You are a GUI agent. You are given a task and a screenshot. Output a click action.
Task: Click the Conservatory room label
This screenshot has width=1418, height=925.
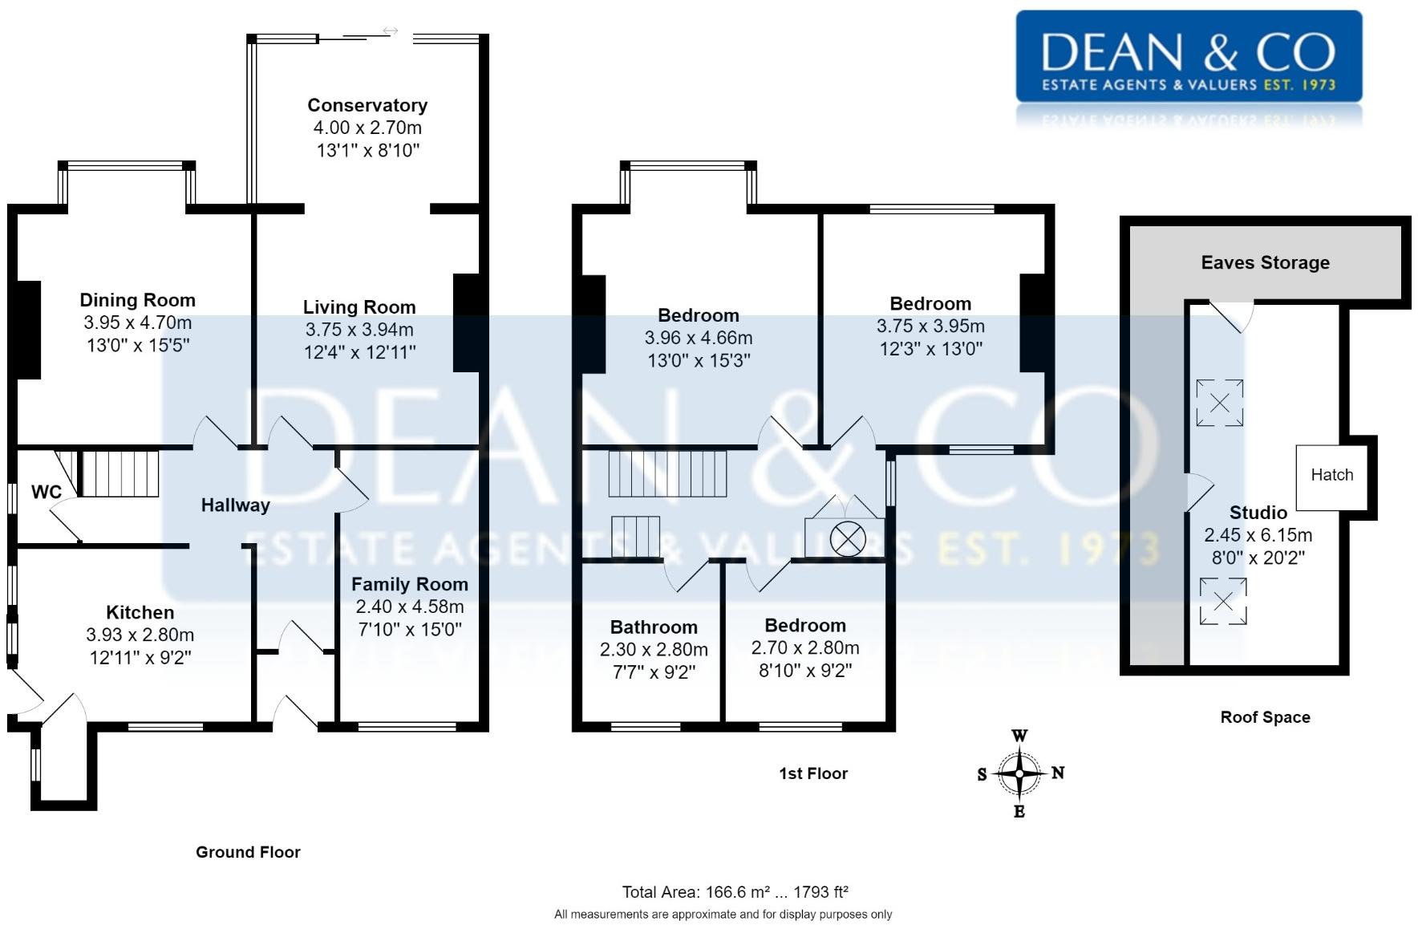(367, 105)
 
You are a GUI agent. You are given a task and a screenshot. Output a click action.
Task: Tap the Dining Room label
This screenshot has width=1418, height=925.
(138, 300)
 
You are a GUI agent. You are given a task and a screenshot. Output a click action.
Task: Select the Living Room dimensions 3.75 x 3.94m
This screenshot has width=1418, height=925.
(359, 329)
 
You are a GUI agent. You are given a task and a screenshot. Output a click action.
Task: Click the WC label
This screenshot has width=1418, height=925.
(47, 492)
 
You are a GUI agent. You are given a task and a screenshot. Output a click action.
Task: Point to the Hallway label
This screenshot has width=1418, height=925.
(235, 505)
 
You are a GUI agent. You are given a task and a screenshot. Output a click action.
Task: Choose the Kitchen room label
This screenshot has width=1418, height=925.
(140, 612)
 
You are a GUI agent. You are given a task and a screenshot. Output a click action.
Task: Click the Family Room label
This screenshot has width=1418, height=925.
(410, 584)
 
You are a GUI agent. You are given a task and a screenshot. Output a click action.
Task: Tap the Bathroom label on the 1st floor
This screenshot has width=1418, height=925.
(654, 627)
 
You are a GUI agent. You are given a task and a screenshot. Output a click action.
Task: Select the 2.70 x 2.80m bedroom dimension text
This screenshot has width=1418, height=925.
(805, 647)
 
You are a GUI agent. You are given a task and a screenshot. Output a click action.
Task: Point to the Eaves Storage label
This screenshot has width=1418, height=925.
(1266, 262)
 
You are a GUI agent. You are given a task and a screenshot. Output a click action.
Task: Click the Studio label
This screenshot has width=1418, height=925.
(1258, 512)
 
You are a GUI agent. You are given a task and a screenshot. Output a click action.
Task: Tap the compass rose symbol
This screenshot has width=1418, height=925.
(1019, 773)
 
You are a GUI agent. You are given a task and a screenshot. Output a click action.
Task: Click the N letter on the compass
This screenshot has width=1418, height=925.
(1058, 773)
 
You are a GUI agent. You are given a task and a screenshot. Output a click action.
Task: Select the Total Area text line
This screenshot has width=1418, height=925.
(735, 891)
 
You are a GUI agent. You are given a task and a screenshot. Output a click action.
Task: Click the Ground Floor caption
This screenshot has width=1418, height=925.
(248, 852)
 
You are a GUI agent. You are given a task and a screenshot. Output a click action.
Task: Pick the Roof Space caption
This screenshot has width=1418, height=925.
(1266, 717)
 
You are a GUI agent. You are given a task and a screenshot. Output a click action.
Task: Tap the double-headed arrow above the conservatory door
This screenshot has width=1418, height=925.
(390, 31)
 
